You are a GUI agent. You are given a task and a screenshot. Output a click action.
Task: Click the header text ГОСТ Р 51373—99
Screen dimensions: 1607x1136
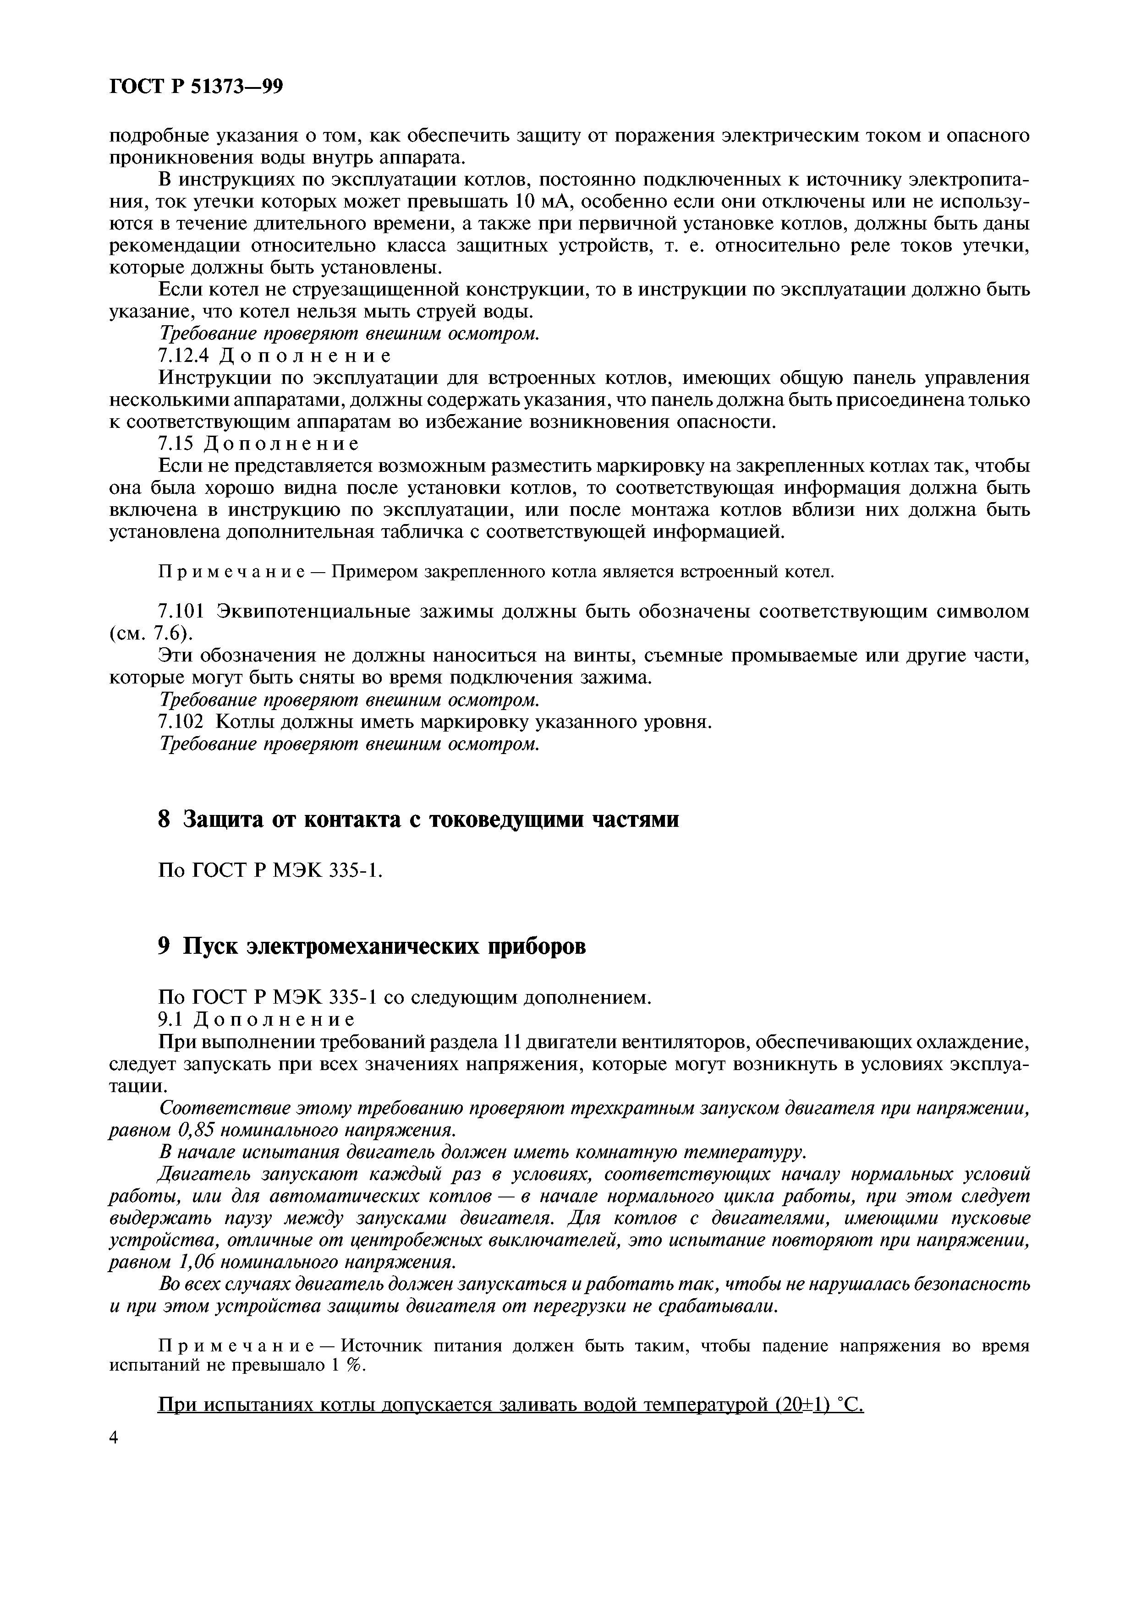196,86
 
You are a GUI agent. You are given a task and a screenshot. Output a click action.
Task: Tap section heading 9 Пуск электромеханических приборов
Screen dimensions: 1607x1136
372,946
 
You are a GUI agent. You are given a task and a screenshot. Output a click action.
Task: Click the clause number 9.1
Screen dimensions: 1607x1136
171,1018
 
